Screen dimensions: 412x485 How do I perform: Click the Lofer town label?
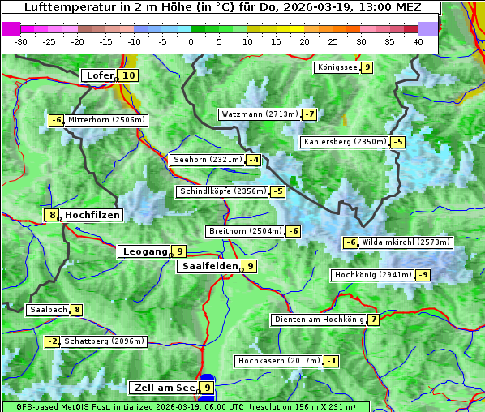click(99, 75)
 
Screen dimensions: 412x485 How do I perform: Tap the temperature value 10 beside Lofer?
click(128, 75)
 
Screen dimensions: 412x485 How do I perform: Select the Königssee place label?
click(337, 67)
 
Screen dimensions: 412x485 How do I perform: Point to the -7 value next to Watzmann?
click(309, 114)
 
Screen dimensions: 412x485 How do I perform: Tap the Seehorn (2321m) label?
click(208, 160)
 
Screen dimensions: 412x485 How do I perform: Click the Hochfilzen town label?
click(92, 215)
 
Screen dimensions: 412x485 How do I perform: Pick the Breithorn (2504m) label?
click(245, 231)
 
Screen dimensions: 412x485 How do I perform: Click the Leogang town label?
click(145, 251)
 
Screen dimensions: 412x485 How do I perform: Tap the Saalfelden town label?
click(209, 265)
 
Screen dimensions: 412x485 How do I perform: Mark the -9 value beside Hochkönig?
click(423, 275)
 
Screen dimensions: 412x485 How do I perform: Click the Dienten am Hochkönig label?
click(318, 320)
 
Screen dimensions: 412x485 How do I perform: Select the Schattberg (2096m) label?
click(104, 341)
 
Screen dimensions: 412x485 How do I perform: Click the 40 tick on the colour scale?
click(417, 41)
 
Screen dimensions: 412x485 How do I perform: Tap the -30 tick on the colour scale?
click(21, 41)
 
